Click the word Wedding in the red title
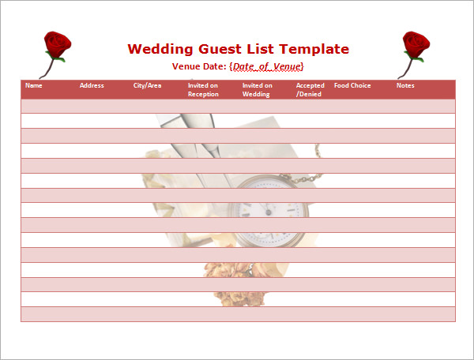(160, 49)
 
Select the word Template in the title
(314, 49)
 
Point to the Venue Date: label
(199, 66)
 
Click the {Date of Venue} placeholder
(266, 66)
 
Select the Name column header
(33, 85)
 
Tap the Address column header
(92, 85)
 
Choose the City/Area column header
(147, 86)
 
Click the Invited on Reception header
(203, 90)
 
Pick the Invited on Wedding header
(258, 90)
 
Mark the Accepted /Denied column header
(310, 90)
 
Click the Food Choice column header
(352, 85)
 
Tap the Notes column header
(405, 85)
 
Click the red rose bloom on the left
(57, 44)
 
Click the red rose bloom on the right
(416, 44)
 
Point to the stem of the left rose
(47, 68)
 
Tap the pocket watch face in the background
(269, 212)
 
